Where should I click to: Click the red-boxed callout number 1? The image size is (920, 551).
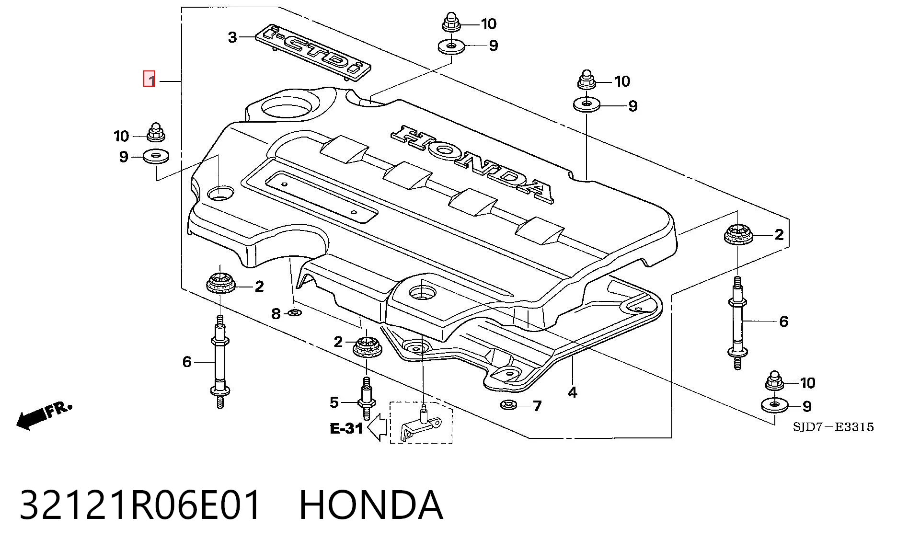click(x=149, y=79)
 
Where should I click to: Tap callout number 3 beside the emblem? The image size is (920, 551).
click(x=232, y=37)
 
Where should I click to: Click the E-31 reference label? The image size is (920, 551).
click(x=346, y=428)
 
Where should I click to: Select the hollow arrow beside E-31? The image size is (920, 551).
click(x=378, y=427)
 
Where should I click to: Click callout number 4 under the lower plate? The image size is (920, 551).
click(x=573, y=392)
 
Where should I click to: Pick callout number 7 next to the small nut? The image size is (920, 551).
click(x=537, y=406)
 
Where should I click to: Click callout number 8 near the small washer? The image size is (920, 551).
click(x=276, y=314)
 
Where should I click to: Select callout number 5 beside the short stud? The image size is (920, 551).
click(x=334, y=402)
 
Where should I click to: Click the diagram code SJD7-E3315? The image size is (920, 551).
click(x=833, y=427)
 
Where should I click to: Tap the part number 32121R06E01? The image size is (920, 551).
click(x=141, y=505)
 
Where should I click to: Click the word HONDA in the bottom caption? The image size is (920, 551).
click(x=371, y=505)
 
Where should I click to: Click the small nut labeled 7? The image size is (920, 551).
click(x=508, y=405)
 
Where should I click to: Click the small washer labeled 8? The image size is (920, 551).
click(x=295, y=313)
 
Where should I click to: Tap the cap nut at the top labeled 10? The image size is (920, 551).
click(x=450, y=23)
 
